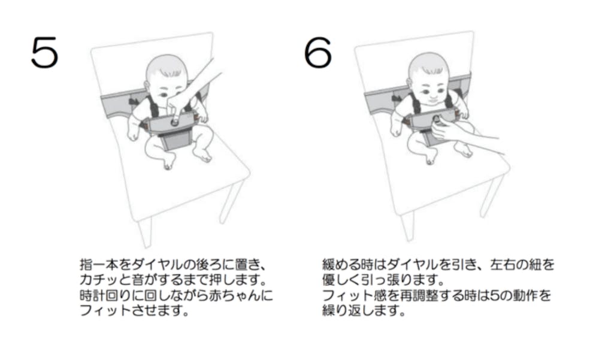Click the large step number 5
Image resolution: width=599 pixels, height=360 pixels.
(x=45, y=52)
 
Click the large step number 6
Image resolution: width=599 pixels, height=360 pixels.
(x=318, y=52)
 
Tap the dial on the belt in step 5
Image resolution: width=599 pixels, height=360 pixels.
(x=174, y=122)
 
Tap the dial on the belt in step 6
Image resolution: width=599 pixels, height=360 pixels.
(x=436, y=119)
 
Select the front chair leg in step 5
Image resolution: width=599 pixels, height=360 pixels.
(x=145, y=233)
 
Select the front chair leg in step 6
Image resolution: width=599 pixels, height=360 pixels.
(x=407, y=227)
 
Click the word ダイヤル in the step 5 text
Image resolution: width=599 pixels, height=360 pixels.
(x=156, y=264)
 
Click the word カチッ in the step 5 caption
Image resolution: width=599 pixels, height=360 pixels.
(x=99, y=280)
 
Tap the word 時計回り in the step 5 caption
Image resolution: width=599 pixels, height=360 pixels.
(x=106, y=295)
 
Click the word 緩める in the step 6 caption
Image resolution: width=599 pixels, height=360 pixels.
(x=341, y=264)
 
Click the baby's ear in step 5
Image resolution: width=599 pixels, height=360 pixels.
(x=147, y=85)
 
